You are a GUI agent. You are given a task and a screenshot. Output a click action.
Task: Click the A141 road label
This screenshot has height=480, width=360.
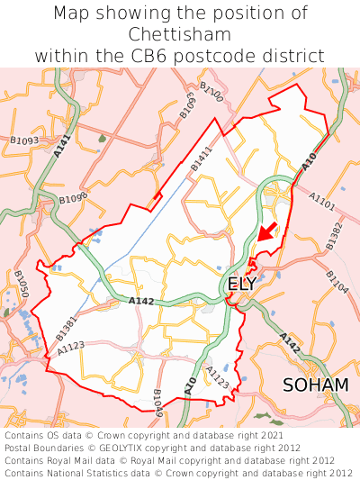point(62,147)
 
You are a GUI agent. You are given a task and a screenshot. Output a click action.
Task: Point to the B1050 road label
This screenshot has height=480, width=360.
point(22,284)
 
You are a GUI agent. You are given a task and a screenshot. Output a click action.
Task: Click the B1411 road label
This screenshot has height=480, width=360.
point(201,158)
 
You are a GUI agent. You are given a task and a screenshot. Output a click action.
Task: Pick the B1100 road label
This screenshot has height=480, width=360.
point(211,93)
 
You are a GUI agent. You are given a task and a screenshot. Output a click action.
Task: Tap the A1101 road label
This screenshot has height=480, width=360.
point(321,200)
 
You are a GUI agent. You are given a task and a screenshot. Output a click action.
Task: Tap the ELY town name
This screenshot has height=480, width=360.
point(242,285)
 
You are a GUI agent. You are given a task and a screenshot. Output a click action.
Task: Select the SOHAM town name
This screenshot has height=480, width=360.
point(315,385)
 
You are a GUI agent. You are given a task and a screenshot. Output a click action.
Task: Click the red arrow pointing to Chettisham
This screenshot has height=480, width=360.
point(265,232)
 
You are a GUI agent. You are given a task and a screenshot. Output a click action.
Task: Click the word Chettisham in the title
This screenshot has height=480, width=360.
point(180,34)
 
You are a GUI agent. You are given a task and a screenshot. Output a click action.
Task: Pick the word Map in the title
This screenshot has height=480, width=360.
point(72,14)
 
